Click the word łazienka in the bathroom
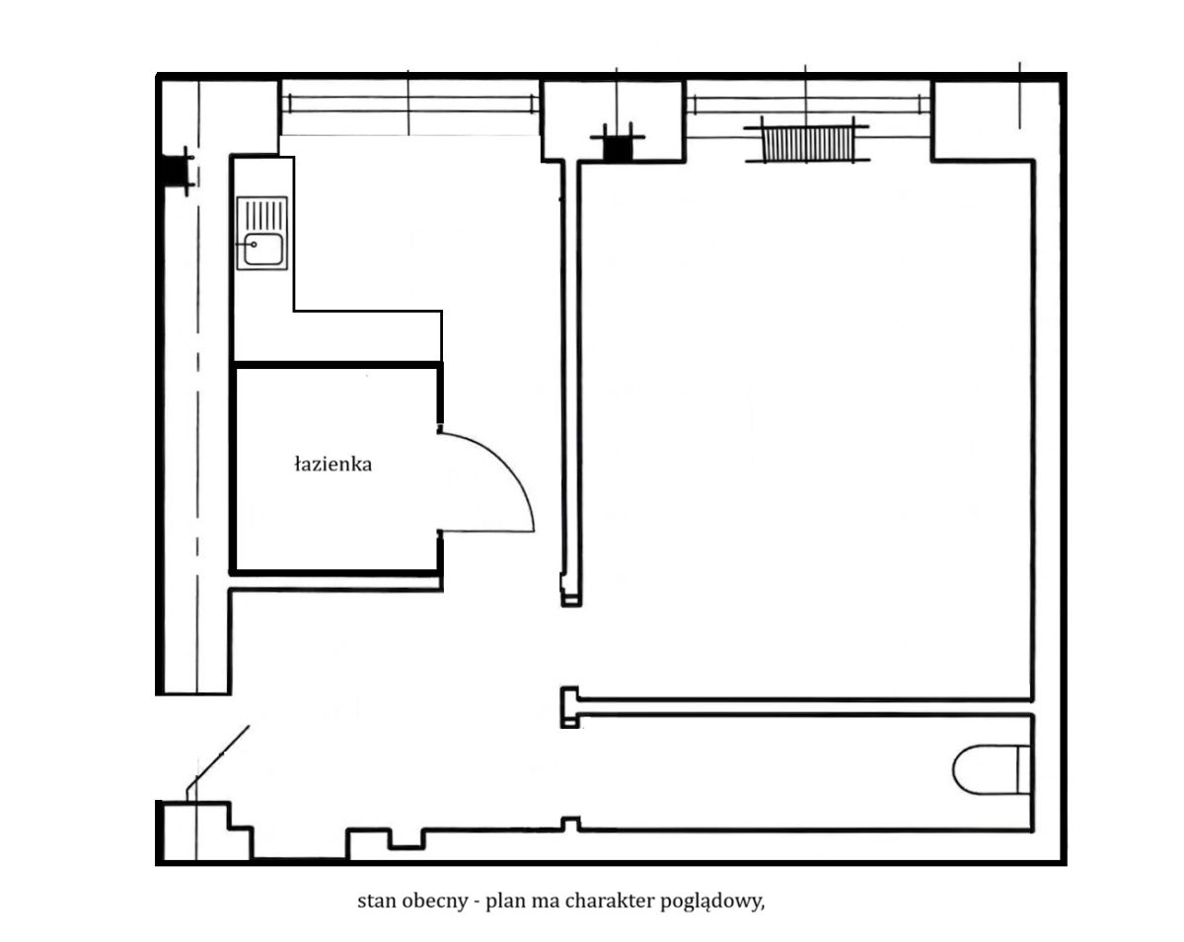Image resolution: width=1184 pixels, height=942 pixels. click(x=333, y=465)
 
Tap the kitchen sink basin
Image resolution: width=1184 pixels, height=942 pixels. click(x=263, y=249)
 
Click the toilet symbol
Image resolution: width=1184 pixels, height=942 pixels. click(x=992, y=769)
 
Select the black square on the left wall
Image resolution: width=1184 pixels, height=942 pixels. click(x=174, y=171)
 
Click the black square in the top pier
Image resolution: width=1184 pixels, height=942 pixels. click(x=618, y=149)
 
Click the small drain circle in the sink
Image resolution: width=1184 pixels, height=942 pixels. click(x=254, y=245)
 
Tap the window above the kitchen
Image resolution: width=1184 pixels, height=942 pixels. click(x=409, y=104)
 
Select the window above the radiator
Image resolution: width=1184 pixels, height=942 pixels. click(x=809, y=105)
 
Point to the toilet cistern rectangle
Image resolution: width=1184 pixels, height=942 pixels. click(x=1024, y=769)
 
